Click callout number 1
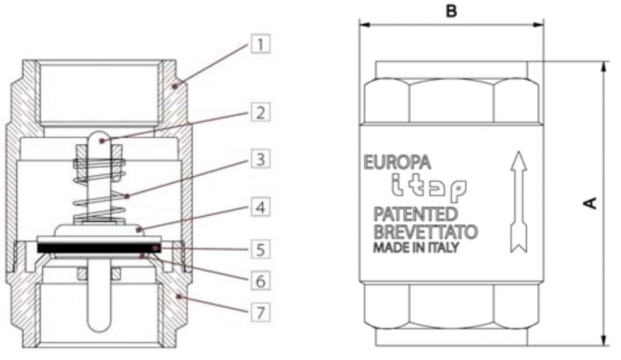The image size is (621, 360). tap(260, 44)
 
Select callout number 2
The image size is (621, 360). tap(260, 113)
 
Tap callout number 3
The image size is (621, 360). tap(260, 160)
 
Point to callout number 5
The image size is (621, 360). tap(260, 249)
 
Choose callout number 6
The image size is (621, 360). tap(260, 282)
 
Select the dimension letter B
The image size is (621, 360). tap(451, 11)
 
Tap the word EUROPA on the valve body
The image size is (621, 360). tap(397, 162)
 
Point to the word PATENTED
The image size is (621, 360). tap(416, 214)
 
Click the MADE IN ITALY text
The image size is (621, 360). tap(416, 248)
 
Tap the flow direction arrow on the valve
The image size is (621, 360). tap(517, 201)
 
